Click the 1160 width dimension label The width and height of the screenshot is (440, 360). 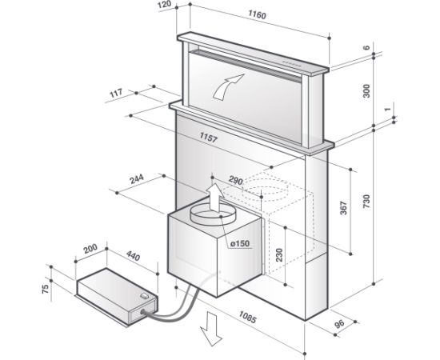point(257,14)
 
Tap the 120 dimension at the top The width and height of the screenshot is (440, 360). point(165,5)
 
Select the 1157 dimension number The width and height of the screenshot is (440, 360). point(209,138)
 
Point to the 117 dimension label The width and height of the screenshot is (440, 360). point(116,93)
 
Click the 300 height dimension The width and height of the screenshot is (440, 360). point(366,90)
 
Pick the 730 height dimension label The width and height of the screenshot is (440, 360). point(366,201)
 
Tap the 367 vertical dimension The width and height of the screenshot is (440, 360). point(343,208)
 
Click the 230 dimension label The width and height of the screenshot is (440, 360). point(279,254)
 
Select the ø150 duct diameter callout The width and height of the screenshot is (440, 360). point(240,243)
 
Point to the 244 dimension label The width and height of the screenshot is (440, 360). point(137,178)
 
